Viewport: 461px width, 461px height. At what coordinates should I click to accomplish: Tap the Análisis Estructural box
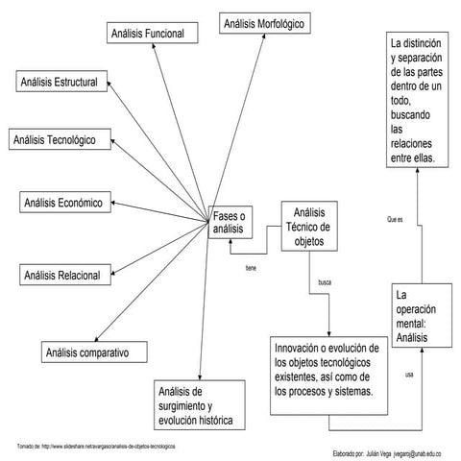tap(60, 83)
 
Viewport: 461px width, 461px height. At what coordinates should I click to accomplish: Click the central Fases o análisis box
tap(229, 223)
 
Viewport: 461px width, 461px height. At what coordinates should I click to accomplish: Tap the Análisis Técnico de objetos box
tap(310, 227)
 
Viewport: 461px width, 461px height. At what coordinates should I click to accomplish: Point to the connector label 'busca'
tap(325, 283)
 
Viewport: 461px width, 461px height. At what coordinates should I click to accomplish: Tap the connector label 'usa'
tap(409, 374)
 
